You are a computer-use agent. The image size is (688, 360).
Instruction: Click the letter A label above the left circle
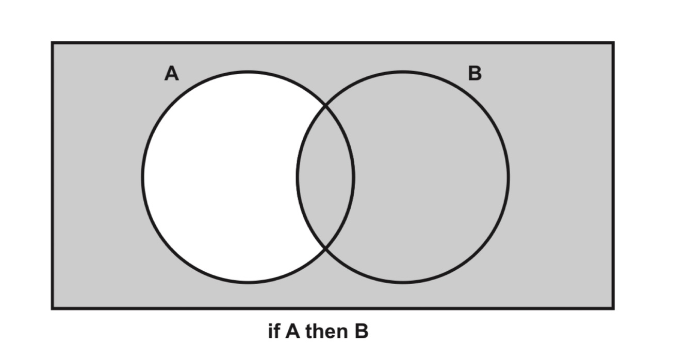tap(172, 74)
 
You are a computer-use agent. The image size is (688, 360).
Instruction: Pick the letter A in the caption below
tap(292, 331)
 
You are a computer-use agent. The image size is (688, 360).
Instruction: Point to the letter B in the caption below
tap(361, 331)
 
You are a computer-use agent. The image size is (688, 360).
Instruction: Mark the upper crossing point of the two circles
tap(326, 106)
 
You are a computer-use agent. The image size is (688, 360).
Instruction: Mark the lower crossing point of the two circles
tap(326, 249)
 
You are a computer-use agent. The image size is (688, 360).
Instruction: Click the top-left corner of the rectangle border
tap(52, 43)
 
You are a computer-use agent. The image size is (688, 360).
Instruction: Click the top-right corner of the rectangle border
tap(613, 43)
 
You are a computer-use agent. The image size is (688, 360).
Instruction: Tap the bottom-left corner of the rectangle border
tap(52, 308)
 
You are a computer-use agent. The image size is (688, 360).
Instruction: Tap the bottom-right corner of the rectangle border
tap(613, 308)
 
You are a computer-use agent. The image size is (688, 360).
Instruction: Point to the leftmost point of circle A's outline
tap(143, 177)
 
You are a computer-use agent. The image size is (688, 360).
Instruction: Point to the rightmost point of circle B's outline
tap(509, 177)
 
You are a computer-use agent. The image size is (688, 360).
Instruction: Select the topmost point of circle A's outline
tap(248, 72)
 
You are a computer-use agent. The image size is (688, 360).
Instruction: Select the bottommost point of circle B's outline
tap(403, 283)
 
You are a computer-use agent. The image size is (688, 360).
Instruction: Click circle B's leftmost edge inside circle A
tap(298, 177)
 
